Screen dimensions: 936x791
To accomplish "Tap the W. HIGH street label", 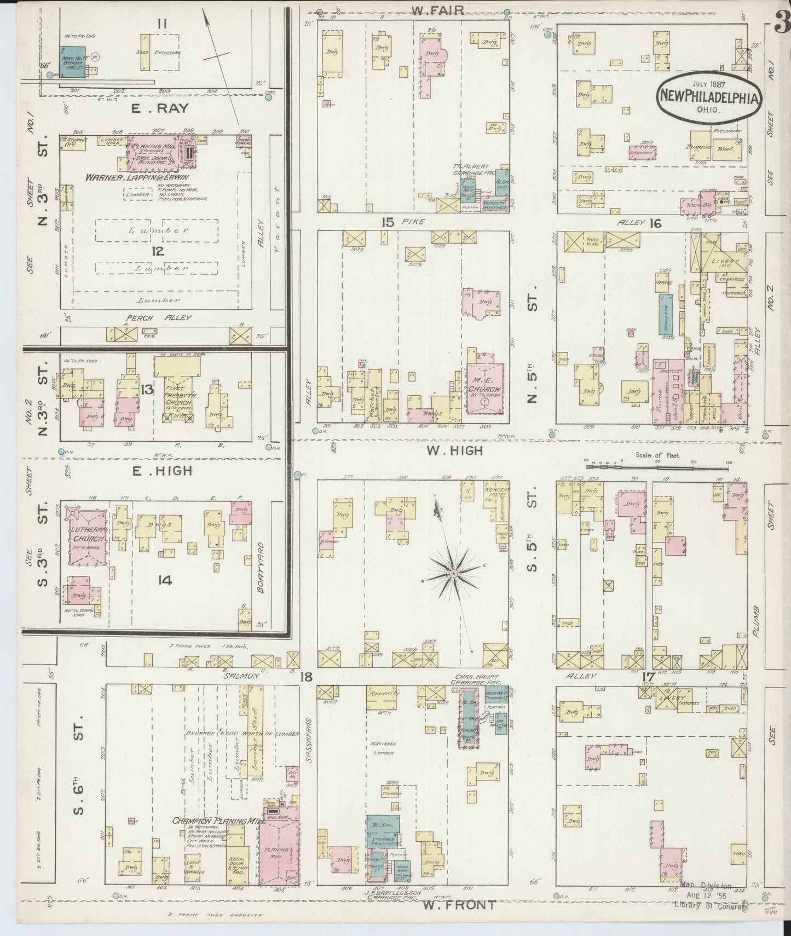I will [x=455, y=450].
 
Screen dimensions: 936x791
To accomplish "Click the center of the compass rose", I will [x=453, y=573].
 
